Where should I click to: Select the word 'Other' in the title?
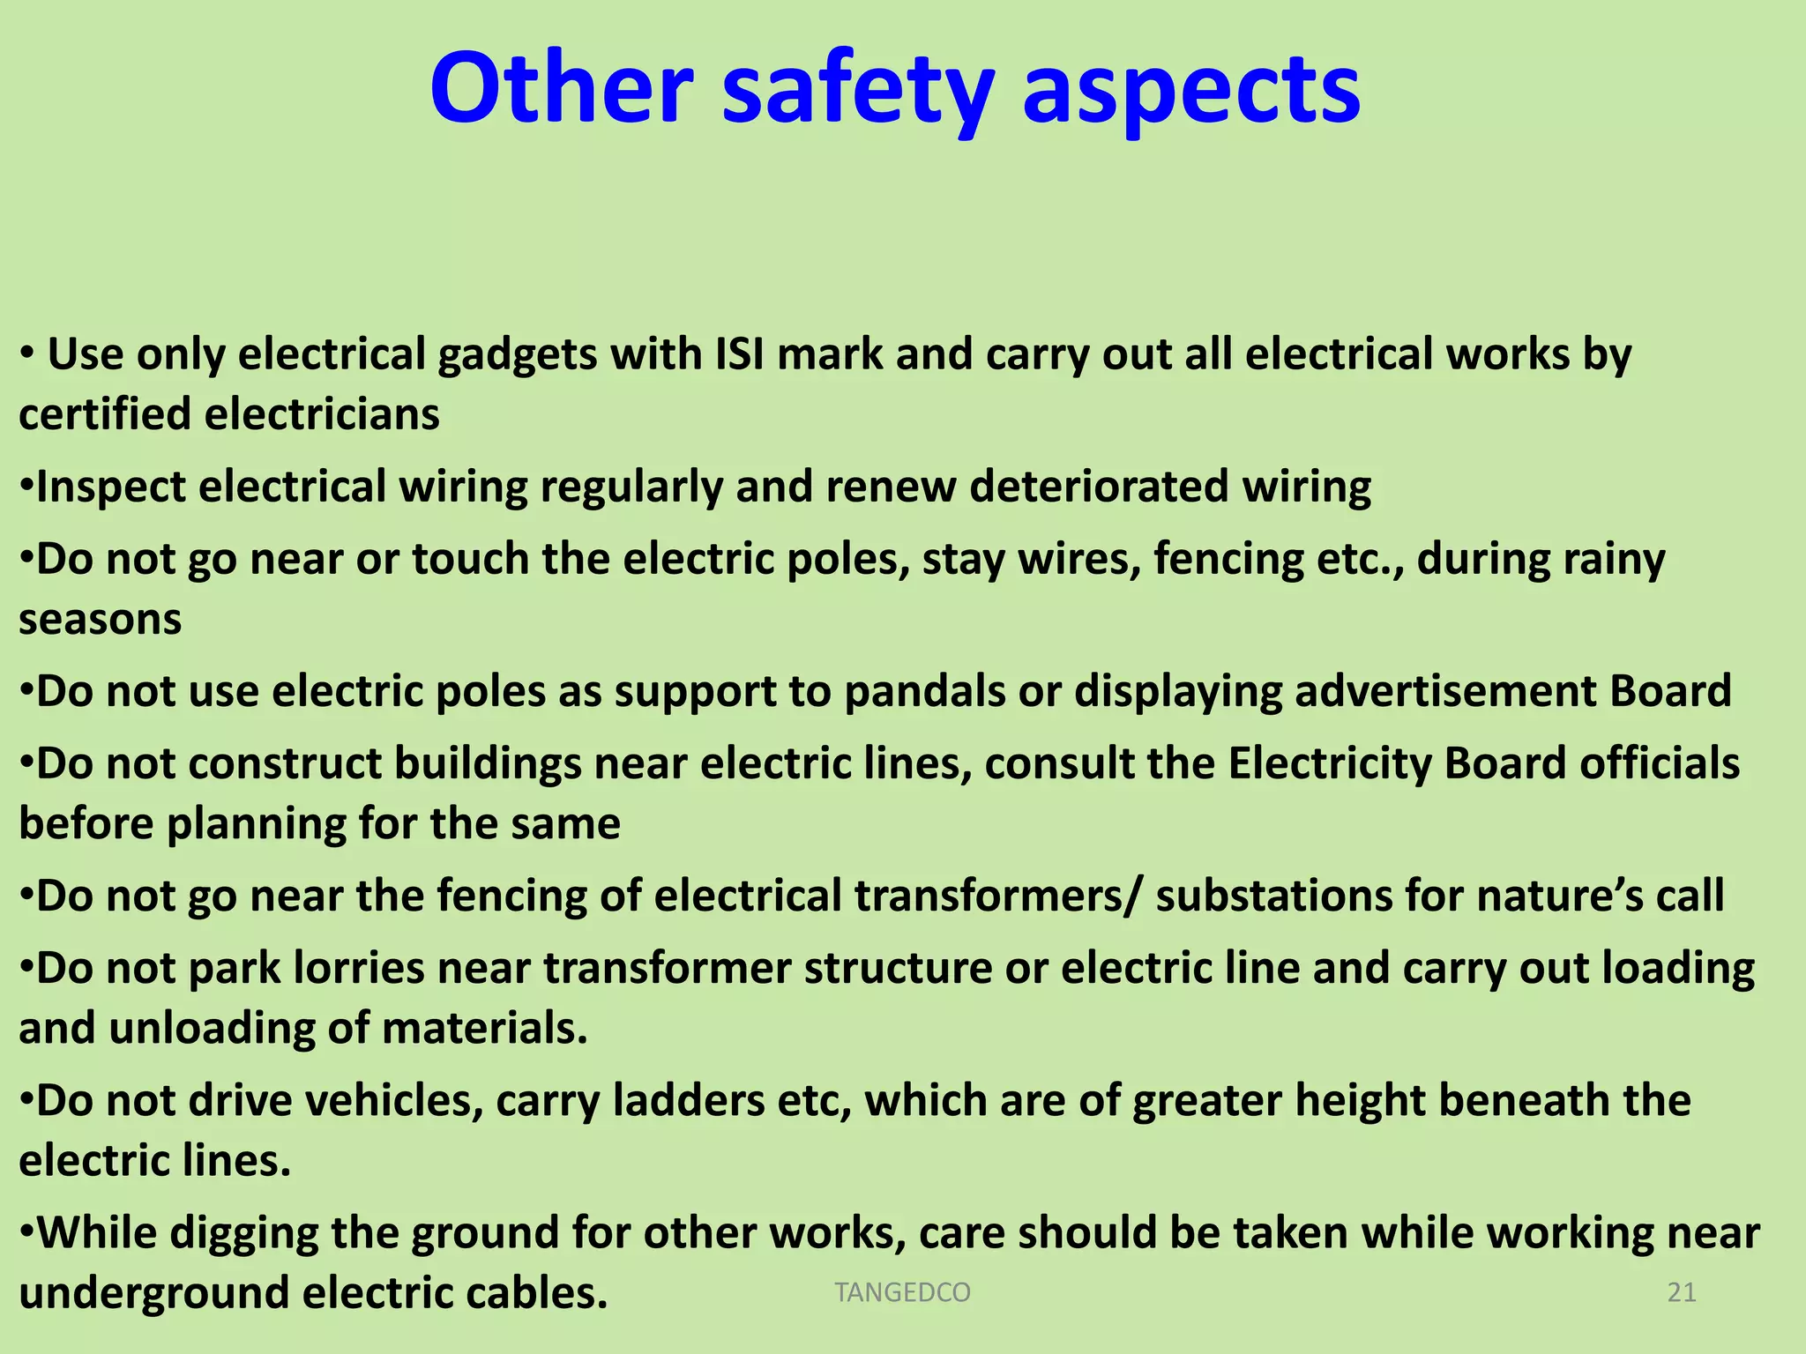click(562, 88)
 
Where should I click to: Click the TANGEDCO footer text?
click(902, 1292)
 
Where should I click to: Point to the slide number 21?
click(1682, 1292)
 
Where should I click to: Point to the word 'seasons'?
click(101, 620)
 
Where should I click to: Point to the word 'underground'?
click(153, 1294)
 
